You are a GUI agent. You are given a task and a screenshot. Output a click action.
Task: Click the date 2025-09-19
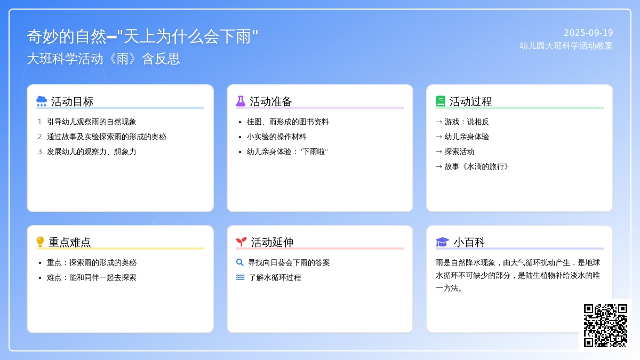click(588, 33)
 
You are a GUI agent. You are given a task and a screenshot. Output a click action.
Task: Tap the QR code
click(605, 325)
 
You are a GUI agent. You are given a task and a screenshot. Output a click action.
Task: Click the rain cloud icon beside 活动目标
click(42, 101)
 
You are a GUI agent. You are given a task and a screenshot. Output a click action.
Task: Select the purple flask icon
click(241, 101)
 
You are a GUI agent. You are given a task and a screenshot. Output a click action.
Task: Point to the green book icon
click(441, 101)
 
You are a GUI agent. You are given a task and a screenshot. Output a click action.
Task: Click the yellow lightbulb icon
click(41, 242)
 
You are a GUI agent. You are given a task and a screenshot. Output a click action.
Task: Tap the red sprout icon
click(242, 242)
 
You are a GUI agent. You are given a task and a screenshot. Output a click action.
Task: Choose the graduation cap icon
click(442, 242)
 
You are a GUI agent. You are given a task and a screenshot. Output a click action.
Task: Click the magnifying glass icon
click(240, 262)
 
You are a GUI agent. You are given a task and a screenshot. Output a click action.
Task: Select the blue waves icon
click(241, 277)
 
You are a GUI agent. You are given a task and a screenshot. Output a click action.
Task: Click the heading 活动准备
click(270, 101)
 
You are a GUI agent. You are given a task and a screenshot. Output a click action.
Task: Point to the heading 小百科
click(469, 242)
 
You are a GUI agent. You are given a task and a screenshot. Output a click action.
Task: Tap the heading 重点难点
click(70, 242)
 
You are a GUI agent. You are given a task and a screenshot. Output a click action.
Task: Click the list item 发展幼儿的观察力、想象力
click(91, 151)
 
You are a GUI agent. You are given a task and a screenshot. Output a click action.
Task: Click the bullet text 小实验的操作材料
click(277, 137)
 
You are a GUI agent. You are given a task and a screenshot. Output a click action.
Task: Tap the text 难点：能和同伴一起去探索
click(91, 277)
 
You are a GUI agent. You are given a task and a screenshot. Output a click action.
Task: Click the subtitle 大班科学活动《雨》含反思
click(103, 59)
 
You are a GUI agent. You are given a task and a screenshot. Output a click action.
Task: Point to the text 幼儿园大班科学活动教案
click(566, 46)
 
